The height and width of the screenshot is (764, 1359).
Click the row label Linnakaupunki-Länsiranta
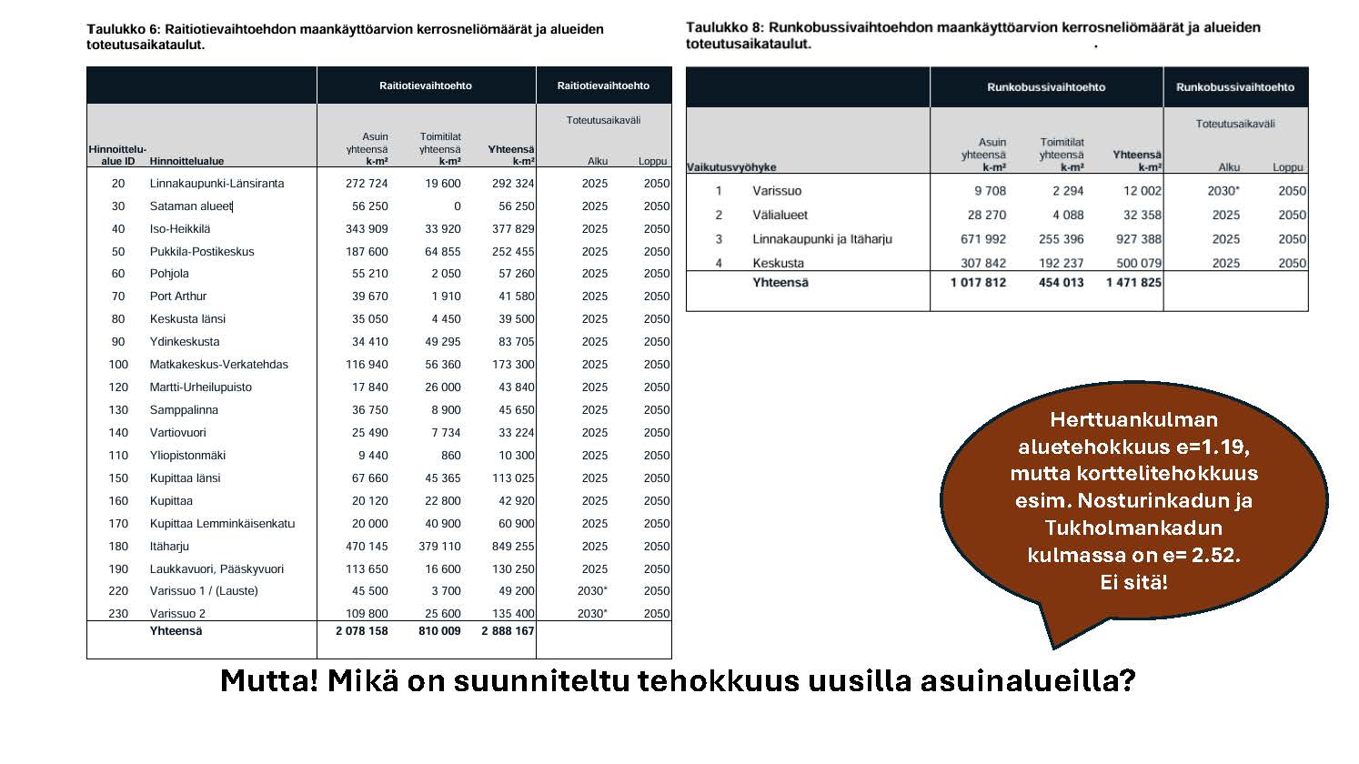(x=216, y=183)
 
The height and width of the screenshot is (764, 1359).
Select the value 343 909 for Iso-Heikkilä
(x=367, y=228)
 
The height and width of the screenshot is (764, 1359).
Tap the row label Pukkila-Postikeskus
(x=202, y=251)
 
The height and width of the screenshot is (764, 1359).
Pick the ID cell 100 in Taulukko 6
(x=118, y=364)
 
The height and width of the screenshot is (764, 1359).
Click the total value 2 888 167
(x=508, y=630)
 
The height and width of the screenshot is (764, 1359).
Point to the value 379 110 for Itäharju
(x=439, y=546)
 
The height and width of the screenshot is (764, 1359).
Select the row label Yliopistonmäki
(x=187, y=455)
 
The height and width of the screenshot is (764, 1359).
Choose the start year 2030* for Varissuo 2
(x=592, y=613)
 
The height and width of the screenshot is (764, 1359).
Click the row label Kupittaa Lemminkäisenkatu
(x=222, y=523)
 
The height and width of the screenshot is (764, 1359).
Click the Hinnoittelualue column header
(x=186, y=161)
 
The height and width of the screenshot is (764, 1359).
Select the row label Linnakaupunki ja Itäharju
(x=821, y=239)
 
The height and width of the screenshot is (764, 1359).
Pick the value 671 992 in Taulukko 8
(x=978, y=239)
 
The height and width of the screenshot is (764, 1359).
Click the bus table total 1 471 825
(x=1133, y=283)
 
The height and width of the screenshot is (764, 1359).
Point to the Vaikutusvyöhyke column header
(x=731, y=167)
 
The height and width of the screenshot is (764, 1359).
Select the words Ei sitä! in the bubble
(x=1133, y=582)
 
